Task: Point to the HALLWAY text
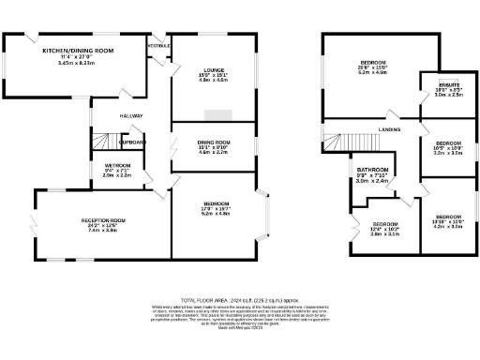(x=130, y=115)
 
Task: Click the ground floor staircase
(x=101, y=142)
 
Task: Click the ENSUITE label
(x=434, y=84)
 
